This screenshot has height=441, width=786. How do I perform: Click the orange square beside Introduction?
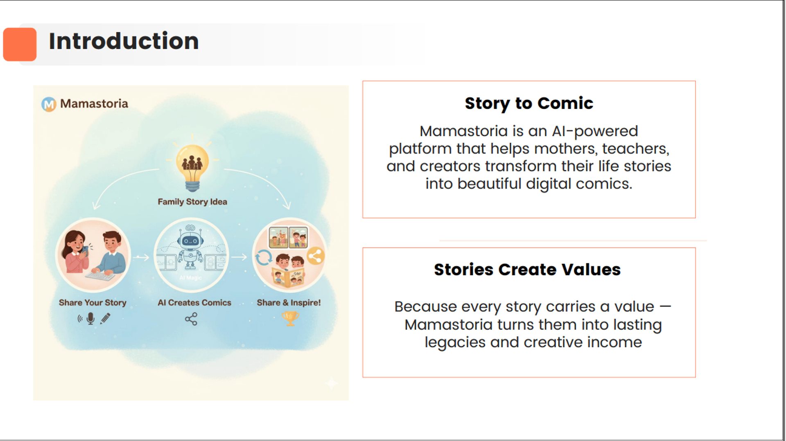click(x=20, y=44)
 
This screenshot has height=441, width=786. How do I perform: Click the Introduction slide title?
click(x=124, y=41)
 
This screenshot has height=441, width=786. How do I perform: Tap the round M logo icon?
click(x=49, y=104)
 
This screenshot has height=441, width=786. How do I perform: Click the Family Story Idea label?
click(x=192, y=202)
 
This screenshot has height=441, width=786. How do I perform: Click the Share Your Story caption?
click(x=93, y=303)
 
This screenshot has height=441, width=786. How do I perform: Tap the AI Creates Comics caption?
click(x=194, y=303)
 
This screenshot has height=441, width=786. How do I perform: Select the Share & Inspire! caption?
click(x=289, y=303)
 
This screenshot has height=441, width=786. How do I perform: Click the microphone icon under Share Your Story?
click(x=90, y=318)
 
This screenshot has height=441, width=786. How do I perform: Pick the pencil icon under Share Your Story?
click(x=106, y=318)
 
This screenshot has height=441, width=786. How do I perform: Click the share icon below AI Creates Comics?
click(x=191, y=319)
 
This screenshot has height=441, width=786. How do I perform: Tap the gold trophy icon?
click(x=290, y=318)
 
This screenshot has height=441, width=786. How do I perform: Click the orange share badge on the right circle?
click(x=315, y=256)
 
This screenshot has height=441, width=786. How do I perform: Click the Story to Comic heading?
click(x=529, y=103)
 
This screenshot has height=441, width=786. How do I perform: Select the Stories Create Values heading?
click(x=527, y=270)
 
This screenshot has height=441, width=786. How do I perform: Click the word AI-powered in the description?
click(x=595, y=131)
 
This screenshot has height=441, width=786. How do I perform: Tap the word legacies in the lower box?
click(x=455, y=342)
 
